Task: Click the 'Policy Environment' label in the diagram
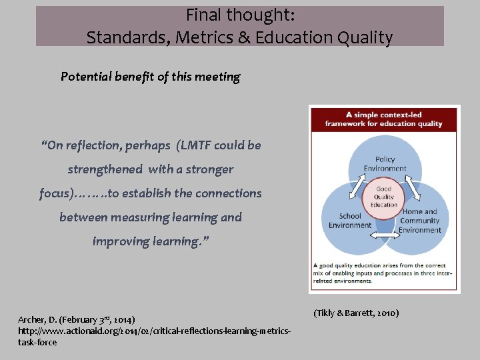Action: tap(385, 163)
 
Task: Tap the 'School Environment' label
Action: tap(349, 221)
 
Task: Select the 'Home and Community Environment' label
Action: tap(419, 221)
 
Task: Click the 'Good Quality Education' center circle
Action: tap(384, 197)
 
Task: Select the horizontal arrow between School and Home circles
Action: tap(384, 235)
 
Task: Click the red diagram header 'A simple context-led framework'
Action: tap(383, 119)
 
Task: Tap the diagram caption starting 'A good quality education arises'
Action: tap(383, 273)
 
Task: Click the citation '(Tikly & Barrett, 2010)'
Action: tap(355, 313)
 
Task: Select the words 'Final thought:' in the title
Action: tap(240, 15)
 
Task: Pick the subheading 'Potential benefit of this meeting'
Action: tap(150, 77)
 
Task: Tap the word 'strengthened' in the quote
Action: tap(105, 169)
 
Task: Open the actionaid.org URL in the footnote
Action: tap(153, 331)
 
